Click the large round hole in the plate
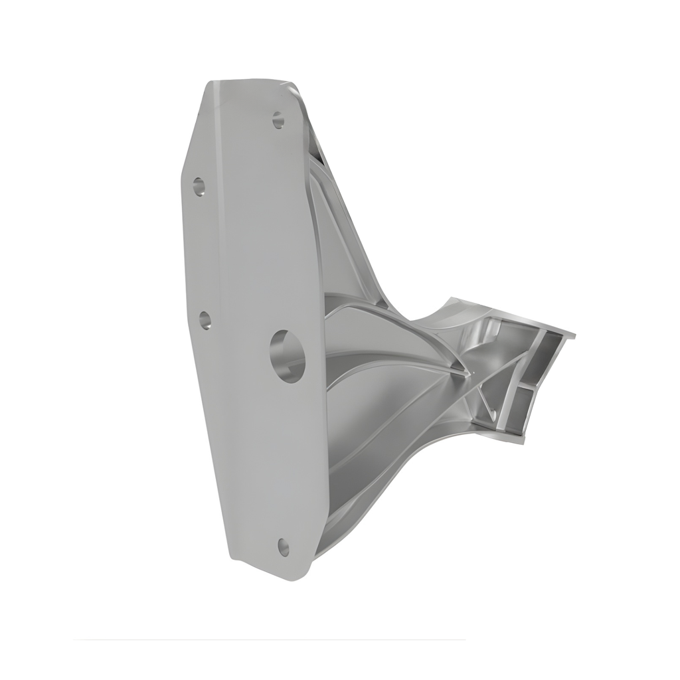click(287, 355)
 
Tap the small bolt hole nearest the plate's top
click(278, 120)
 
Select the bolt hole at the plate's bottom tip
click(284, 547)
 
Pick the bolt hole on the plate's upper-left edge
click(199, 187)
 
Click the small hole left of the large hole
click(205, 320)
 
